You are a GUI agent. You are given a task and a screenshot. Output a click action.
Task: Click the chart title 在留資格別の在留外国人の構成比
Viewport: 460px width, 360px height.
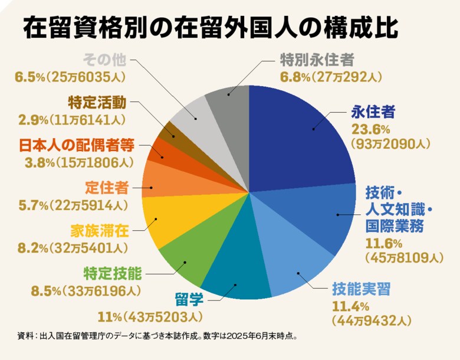(x=209, y=28)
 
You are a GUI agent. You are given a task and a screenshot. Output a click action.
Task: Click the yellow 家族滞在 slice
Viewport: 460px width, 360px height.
(x=162, y=221)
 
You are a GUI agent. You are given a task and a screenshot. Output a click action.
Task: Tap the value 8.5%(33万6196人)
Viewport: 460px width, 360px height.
(x=86, y=290)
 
